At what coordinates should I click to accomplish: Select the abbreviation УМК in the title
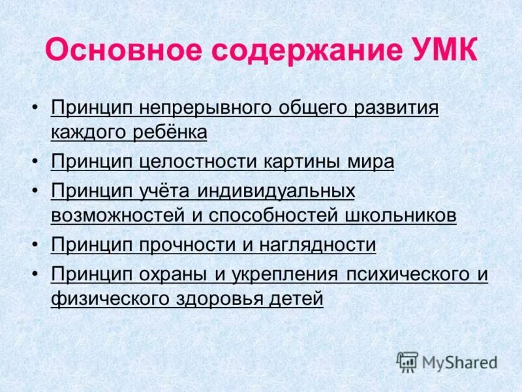[444, 50]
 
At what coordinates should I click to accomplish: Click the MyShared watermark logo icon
[407, 361]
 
